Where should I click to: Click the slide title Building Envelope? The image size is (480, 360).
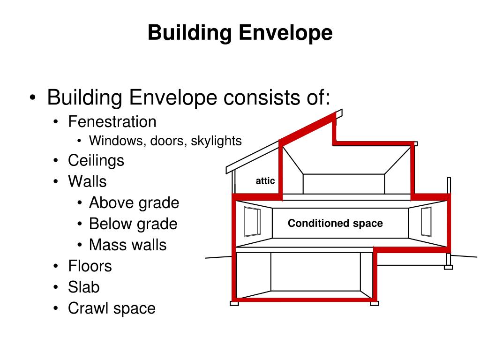pos(240,33)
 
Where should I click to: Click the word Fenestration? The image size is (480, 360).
pos(112,122)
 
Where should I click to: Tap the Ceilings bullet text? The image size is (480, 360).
pos(96,160)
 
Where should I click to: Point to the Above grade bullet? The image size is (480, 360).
pos(134,203)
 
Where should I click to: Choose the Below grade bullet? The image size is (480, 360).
pos(133,224)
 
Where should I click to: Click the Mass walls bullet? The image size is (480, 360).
pos(127,245)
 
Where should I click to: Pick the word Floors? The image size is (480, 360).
pos(90,266)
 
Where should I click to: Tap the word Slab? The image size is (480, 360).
pos(84,287)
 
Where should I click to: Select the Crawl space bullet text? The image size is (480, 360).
pos(112,308)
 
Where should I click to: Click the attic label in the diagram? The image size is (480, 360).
pos(265,181)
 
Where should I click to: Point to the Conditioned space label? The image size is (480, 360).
pos(335,224)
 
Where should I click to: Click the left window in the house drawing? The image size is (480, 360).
pos(252,222)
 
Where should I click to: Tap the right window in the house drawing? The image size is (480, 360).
pos(426,222)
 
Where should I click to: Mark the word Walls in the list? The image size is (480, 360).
pos(87,181)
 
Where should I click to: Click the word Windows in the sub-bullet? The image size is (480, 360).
pos(117,141)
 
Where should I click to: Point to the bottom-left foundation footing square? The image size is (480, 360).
pos(234,303)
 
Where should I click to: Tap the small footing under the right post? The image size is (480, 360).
pos(449,267)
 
